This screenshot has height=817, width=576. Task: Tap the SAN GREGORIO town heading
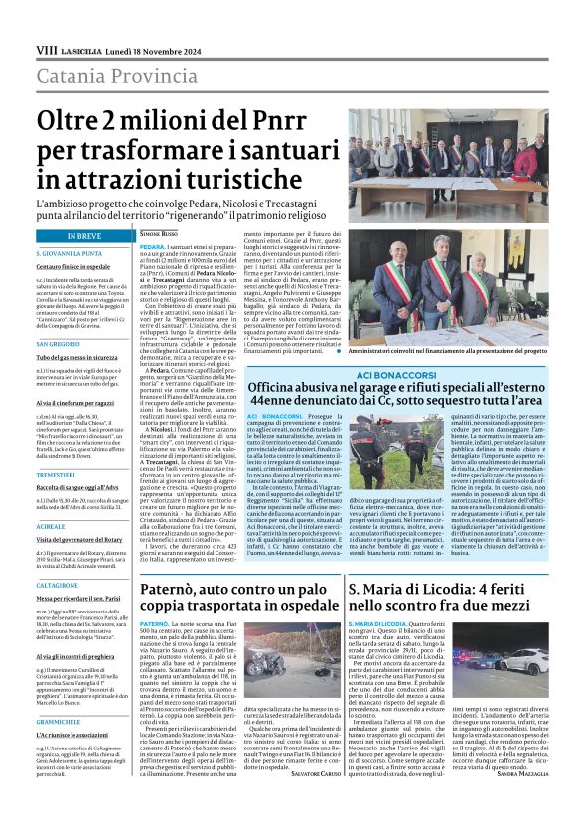tap(58, 344)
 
